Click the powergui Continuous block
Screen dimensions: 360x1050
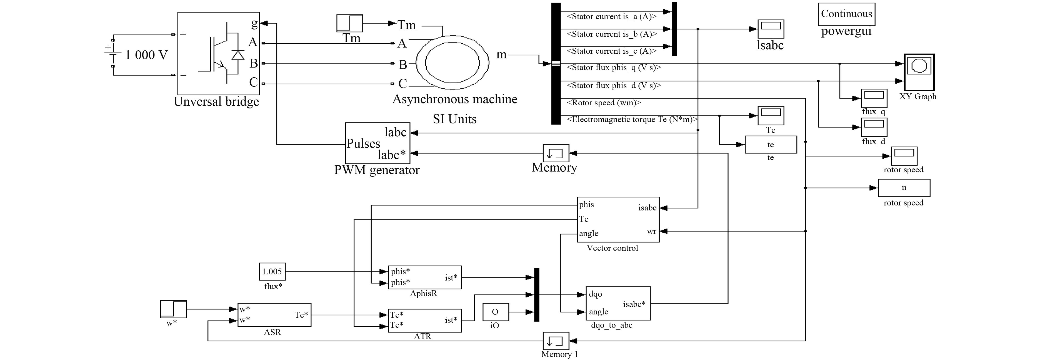point(846,14)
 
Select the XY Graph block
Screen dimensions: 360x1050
point(919,73)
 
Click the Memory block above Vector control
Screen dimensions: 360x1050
point(556,153)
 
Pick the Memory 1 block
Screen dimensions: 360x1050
point(556,341)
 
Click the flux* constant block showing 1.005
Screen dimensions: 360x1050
point(272,272)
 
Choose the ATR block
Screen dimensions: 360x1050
point(425,321)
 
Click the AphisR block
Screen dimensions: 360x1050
point(425,277)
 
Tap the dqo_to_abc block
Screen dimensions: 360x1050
point(618,303)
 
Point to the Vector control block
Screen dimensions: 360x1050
point(618,219)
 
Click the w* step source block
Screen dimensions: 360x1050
point(173,309)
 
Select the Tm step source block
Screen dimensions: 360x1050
point(349,23)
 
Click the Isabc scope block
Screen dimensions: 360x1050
point(770,29)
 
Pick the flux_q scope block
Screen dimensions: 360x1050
point(874,98)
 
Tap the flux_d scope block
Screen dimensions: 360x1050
point(874,127)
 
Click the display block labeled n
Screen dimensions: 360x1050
point(904,188)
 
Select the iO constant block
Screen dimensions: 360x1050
point(496,312)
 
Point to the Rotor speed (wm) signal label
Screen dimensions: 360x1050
point(604,103)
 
